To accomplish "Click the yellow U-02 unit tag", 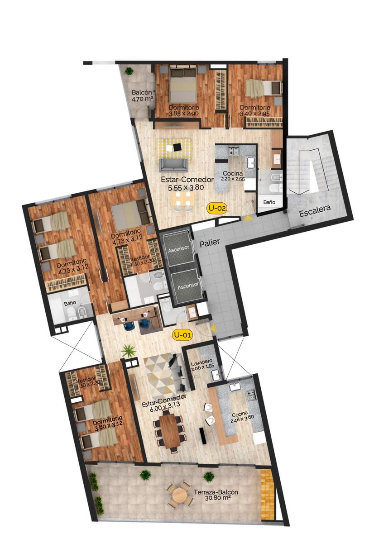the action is point(217,208).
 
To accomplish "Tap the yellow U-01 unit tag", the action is point(182,335).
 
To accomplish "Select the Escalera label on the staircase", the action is point(315,211).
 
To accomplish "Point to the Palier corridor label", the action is point(210,243).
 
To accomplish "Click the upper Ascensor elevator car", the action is point(178,248).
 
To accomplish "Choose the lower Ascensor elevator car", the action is point(188,286).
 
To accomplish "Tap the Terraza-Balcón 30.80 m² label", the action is point(216,495).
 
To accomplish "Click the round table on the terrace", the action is point(180,493).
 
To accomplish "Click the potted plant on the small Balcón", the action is point(129,71).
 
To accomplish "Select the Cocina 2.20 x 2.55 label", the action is point(233,176).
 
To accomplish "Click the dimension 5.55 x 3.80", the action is point(186,187).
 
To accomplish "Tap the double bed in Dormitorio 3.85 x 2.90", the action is point(183,84).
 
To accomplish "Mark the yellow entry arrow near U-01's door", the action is point(213,329).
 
